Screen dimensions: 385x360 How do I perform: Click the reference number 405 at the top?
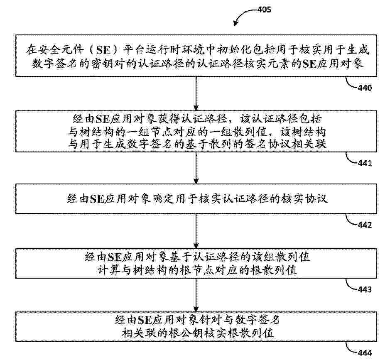(x=264, y=10)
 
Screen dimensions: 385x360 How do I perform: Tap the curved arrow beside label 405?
(x=242, y=15)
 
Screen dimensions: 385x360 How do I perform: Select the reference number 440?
(x=365, y=88)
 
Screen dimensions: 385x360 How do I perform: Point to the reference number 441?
(x=365, y=163)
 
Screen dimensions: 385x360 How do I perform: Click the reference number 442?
(x=365, y=225)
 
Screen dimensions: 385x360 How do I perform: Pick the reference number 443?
(x=365, y=289)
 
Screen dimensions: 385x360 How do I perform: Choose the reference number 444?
(x=365, y=353)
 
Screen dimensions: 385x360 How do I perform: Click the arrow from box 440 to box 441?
(x=196, y=93)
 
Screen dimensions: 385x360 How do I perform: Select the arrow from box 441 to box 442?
(x=196, y=168)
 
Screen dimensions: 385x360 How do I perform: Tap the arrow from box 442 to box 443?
(x=196, y=231)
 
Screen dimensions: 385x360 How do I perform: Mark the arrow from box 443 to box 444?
(x=196, y=295)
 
